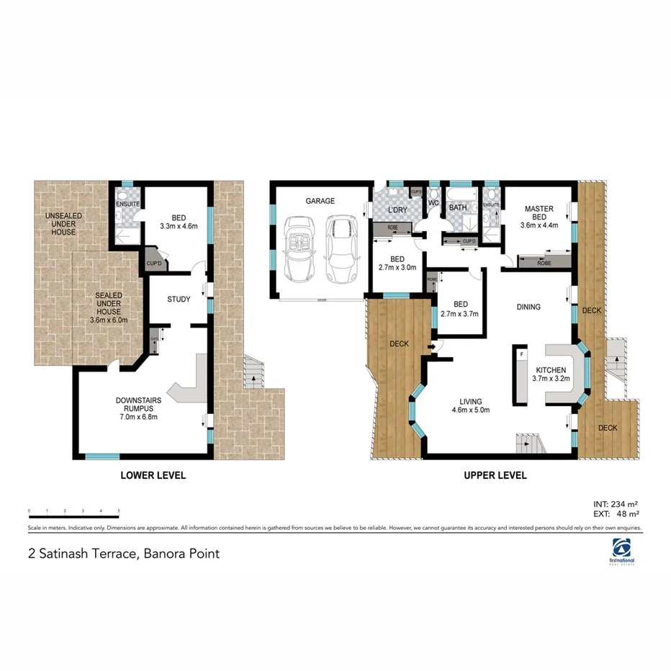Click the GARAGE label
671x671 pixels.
320,202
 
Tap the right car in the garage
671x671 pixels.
340,249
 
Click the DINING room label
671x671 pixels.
528,307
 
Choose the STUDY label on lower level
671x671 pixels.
179,299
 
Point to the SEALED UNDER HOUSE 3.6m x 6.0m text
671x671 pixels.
108,307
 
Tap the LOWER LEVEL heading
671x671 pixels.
153,475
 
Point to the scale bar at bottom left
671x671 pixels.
73,512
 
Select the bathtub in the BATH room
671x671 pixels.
461,195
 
